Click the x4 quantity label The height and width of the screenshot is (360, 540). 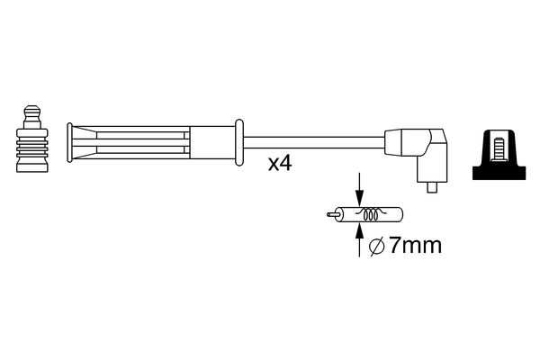281,165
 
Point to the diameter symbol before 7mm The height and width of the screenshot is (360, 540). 378,243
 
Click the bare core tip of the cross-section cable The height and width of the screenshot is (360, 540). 328,215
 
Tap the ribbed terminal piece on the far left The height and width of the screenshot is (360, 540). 31,148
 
